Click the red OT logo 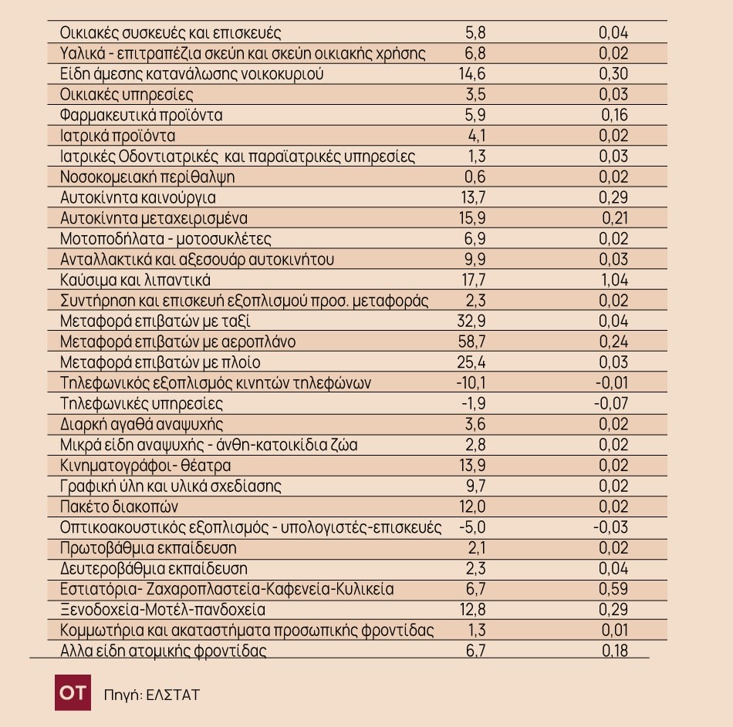point(73,692)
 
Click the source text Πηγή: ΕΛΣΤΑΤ point(152,695)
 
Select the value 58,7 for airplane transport point(471,342)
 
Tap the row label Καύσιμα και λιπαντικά point(135,280)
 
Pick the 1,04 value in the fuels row point(614,280)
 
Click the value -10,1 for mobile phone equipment point(471,383)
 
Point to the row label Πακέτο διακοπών point(119,507)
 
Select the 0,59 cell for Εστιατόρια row point(613,589)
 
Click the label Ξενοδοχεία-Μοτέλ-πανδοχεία point(163,609)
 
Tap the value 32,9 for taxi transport point(471,321)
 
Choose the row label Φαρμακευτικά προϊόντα point(141,115)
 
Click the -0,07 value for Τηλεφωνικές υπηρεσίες point(611,404)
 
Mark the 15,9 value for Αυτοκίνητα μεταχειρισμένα point(473,218)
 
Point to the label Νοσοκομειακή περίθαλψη point(147,177)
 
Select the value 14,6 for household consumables point(472,74)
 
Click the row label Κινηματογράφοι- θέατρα point(145,466)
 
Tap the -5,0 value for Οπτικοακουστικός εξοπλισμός point(472,527)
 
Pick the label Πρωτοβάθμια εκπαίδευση point(148,547)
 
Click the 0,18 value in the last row point(615,651)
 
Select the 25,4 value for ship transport point(471,362)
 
